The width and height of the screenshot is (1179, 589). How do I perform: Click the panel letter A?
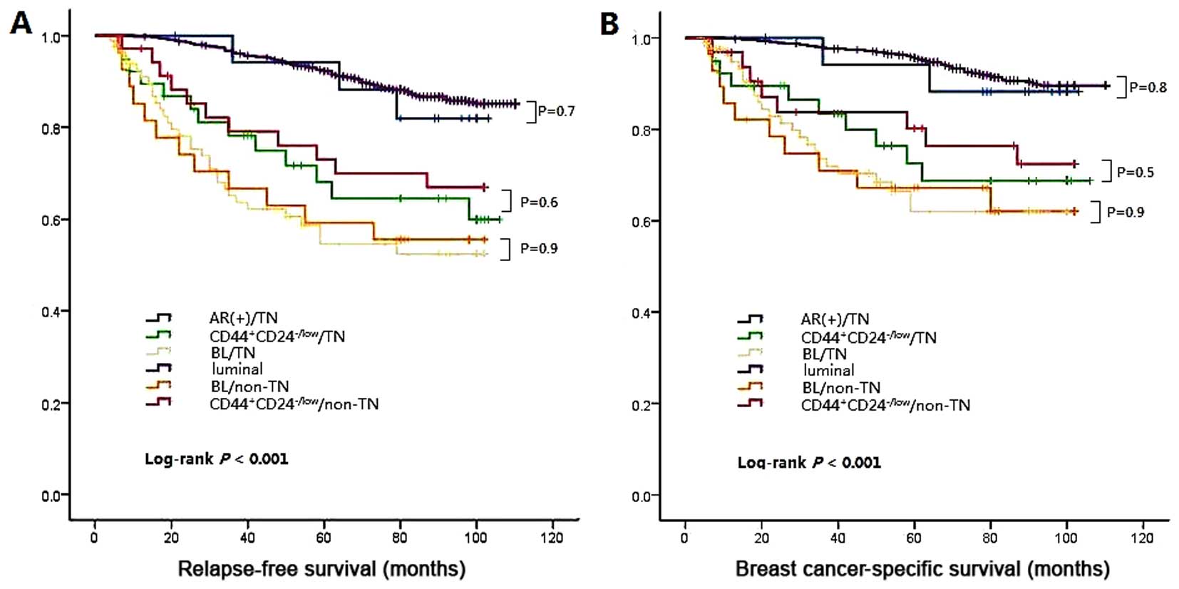click(21, 23)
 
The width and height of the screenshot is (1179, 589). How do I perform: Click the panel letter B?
click(609, 24)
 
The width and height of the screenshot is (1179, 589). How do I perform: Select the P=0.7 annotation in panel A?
click(556, 111)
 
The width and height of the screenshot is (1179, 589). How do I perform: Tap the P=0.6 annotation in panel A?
click(539, 203)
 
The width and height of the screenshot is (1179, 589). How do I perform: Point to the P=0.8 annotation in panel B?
click(1148, 88)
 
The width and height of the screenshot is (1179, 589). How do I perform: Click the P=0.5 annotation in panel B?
click(1136, 173)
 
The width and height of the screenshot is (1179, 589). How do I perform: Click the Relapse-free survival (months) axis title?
click(321, 569)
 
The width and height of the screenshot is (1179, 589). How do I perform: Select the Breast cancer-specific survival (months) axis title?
click(922, 569)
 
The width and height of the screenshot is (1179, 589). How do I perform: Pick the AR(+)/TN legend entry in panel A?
click(243, 318)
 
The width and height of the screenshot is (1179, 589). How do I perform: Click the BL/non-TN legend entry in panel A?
click(249, 386)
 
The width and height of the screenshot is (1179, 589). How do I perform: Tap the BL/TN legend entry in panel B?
click(824, 354)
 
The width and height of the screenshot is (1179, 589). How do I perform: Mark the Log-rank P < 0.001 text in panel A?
click(217, 459)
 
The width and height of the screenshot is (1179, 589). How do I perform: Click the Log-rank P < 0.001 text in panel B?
click(809, 463)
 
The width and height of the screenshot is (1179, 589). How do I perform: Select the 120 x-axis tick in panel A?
click(552, 538)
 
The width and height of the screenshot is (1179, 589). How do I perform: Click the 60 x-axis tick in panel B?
click(913, 538)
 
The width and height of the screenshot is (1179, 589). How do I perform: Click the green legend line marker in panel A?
click(158, 334)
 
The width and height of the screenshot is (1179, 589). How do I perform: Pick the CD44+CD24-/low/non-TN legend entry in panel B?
click(885, 405)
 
